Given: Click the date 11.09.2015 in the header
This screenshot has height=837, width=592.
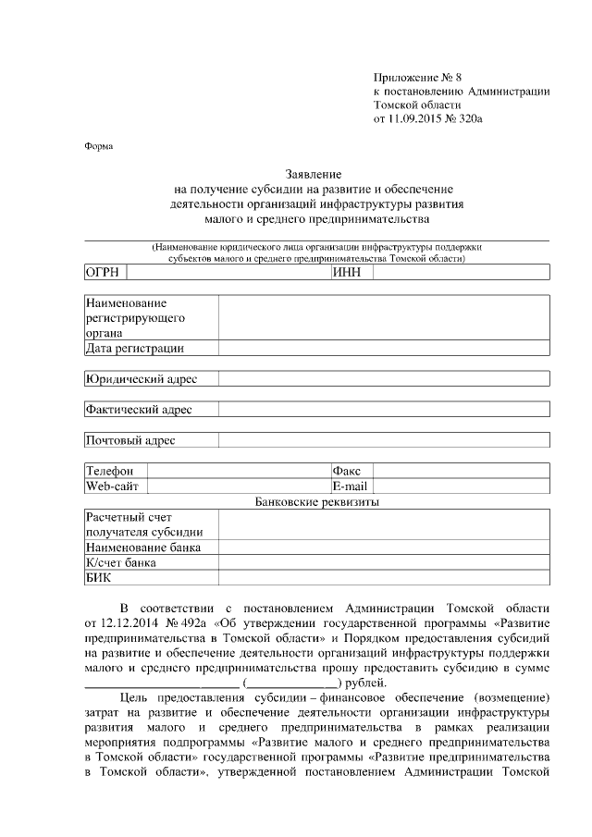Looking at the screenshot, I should click(415, 119).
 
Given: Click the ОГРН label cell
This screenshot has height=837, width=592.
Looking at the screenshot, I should click(105, 272).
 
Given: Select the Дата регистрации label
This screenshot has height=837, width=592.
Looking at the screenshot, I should click(134, 349).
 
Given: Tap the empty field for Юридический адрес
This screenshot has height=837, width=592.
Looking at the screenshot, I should click(384, 379).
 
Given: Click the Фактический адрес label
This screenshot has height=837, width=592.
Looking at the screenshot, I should click(139, 410).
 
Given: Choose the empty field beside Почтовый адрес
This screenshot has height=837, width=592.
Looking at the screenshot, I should click(384, 440).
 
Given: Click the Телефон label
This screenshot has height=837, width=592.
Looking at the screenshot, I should click(110, 471).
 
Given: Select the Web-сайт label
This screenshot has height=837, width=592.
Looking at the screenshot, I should click(112, 486).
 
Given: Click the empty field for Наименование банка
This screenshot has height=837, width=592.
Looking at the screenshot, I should click(384, 548).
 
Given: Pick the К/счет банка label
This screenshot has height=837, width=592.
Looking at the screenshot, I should click(120, 562).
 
